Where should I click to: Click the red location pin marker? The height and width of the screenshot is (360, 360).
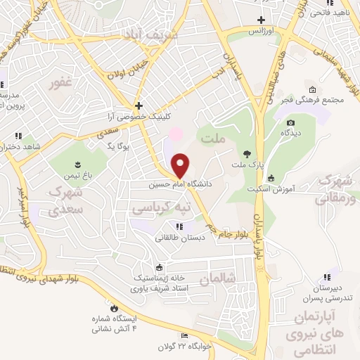coord(181,166)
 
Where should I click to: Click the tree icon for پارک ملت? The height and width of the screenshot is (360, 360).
coord(246,153)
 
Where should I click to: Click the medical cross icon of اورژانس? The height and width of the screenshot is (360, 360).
coord(262,20)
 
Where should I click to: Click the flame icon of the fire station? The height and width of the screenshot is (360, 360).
coord(113,307)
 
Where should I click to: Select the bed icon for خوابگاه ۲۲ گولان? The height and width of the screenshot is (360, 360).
coord(184,336)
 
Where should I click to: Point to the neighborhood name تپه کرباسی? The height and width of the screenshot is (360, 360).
coord(162,209)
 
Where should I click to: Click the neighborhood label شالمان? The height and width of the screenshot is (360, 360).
coord(214,279)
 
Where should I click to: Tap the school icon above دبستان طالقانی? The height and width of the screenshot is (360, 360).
coord(179,226)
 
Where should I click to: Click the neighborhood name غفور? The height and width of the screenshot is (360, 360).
coord(60,83)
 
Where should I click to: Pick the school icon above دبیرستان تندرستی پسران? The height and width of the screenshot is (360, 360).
coord(326,277)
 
